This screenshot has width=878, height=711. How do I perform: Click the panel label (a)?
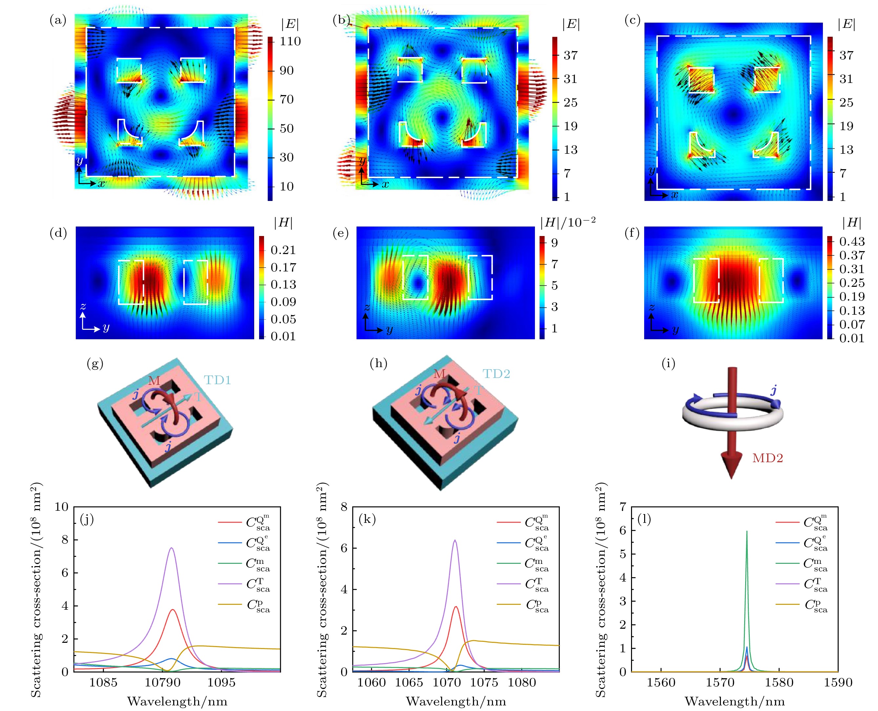pyautogui.click(x=58, y=20)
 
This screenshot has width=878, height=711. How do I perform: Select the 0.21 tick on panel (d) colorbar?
pyautogui.click(x=283, y=250)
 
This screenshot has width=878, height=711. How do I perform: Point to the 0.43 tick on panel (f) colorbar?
pyautogui.click(x=852, y=241)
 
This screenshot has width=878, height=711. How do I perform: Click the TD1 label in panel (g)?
pyautogui.click(x=217, y=381)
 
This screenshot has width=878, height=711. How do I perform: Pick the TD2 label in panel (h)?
pyautogui.click(x=496, y=374)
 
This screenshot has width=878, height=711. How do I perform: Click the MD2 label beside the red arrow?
pyautogui.click(x=767, y=458)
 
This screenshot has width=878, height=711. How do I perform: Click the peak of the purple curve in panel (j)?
pyautogui.click(x=172, y=548)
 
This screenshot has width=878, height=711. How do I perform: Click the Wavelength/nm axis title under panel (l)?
pyautogui.click(x=735, y=701)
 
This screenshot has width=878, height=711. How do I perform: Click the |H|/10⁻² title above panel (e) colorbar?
pyautogui.click(x=567, y=222)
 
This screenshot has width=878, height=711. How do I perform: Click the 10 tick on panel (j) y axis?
pyautogui.click(x=61, y=507)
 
